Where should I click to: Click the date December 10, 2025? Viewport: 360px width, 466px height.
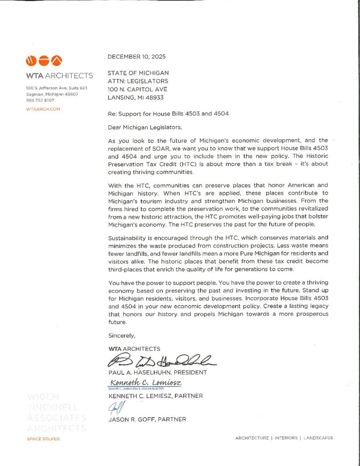point(137,57)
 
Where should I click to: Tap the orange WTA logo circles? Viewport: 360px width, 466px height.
point(44,60)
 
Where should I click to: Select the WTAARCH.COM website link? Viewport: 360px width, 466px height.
point(43,109)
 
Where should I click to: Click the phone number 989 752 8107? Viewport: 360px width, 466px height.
point(40,100)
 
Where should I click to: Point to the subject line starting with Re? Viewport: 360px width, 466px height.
point(168,114)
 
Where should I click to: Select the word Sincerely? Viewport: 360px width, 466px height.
point(122,335)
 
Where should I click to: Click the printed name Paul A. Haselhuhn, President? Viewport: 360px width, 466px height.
point(157,372)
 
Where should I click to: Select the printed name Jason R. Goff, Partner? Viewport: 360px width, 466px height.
point(147,419)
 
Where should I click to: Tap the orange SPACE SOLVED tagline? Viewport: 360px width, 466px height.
point(43,439)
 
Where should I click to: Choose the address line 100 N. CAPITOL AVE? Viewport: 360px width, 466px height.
point(137,89)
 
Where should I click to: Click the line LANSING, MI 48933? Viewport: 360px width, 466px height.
point(136,97)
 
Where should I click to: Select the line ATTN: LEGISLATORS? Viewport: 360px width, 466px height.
point(138,81)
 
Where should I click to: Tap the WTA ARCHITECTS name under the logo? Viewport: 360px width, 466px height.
point(59,76)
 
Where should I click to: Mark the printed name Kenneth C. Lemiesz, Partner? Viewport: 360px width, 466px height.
point(155,396)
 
